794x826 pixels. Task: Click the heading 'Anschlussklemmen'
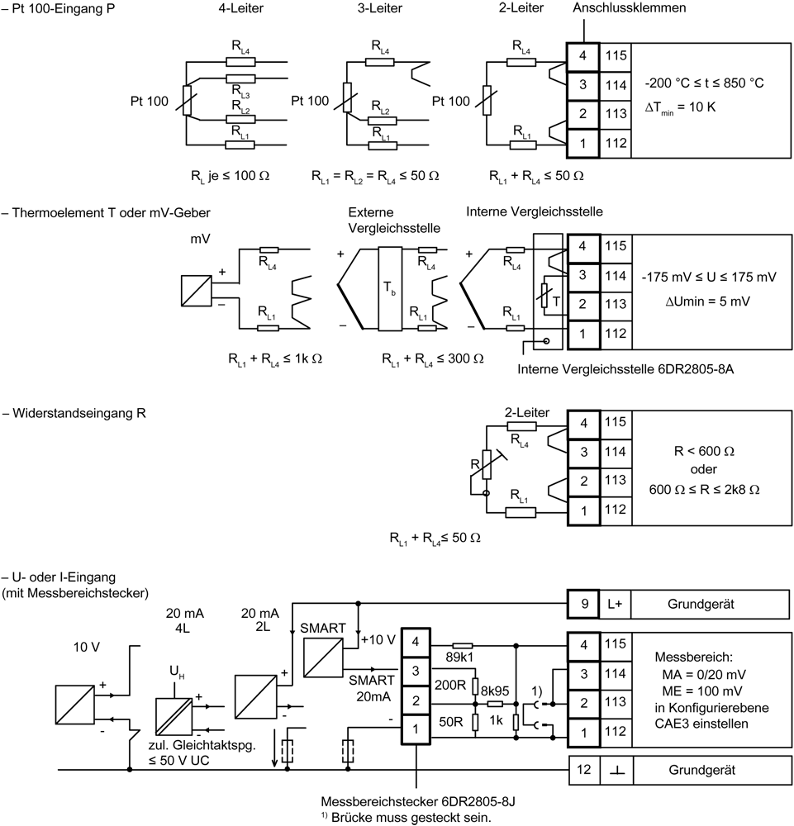click(629, 8)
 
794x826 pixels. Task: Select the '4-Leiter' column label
click(240, 8)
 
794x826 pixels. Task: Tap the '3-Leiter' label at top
click(380, 8)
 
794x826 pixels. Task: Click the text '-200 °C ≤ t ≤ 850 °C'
click(704, 83)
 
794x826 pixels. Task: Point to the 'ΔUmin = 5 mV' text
click(707, 301)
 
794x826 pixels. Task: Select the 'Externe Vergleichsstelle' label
click(394, 221)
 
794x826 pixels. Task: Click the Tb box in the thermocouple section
click(390, 288)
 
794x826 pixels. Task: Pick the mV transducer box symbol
click(197, 290)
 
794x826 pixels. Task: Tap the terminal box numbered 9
click(584, 604)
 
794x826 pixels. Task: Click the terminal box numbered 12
click(584, 770)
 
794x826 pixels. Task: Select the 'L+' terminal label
click(615, 605)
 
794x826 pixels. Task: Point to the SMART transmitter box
click(324, 658)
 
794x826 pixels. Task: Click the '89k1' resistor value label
click(459, 657)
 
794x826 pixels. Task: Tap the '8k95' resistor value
click(495, 691)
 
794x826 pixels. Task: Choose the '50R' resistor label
click(451, 721)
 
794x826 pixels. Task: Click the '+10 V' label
click(378, 640)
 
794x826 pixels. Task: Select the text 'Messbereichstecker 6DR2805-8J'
click(418, 802)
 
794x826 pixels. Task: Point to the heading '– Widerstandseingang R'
click(74, 413)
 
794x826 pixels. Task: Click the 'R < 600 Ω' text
click(704, 452)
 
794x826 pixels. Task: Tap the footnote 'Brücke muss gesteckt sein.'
click(411, 818)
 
